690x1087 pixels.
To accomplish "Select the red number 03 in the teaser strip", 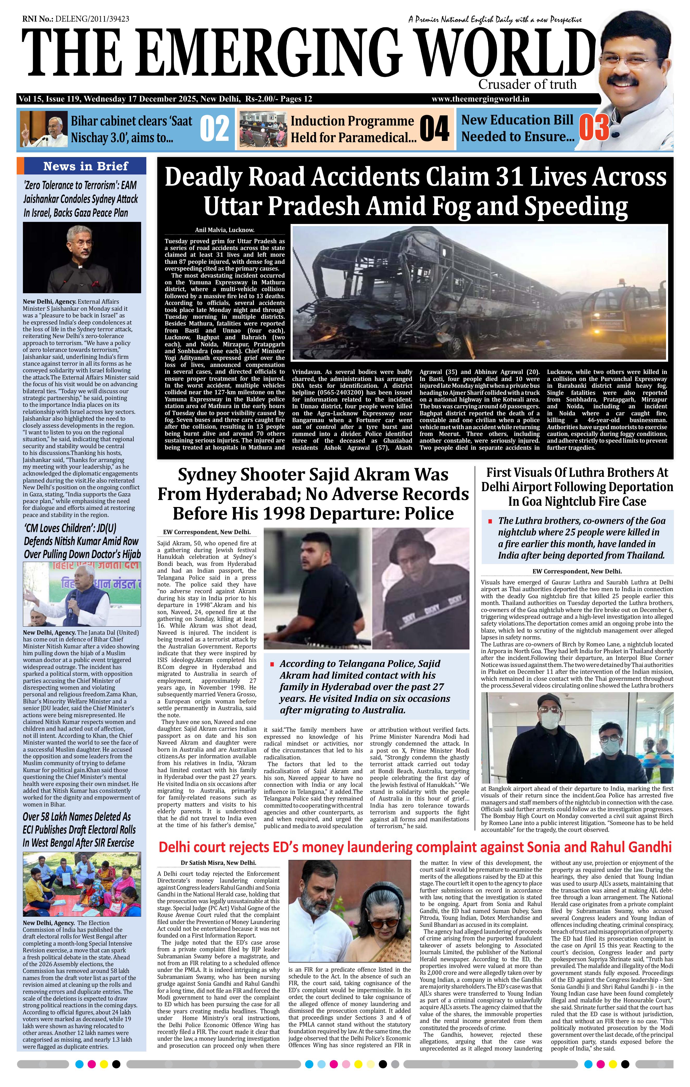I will pyautogui.click(x=594, y=128).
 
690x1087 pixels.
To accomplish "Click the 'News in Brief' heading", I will pyautogui.click(x=86, y=166).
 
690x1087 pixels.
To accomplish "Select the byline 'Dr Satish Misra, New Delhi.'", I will pyautogui.click(x=218, y=863).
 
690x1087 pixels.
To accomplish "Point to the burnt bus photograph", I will pyautogui.click(x=480, y=292).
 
